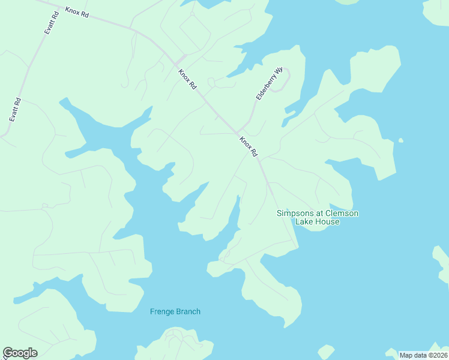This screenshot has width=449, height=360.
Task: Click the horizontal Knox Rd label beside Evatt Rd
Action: pyautogui.click(x=77, y=12)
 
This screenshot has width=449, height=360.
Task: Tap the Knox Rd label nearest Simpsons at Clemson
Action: pyautogui.click(x=249, y=146)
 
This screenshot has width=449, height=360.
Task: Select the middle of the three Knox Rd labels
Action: pyautogui.click(x=187, y=79)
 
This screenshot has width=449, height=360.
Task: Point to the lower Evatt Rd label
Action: pyautogui.click(x=15, y=110)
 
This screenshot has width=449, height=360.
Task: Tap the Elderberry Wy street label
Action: pyautogui.click(x=268, y=83)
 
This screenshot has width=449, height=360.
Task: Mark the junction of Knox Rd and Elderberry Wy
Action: pyautogui.click(x=238, y=132)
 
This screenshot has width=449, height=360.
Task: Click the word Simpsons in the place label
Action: pyautogui.click(x=296, y=214)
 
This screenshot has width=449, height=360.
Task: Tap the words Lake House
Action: pyautogui.click(x=317, y=222)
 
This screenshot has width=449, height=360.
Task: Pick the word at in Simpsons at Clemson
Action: pyautogui.click(x=320, y=214)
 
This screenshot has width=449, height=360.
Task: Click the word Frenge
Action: pyautogui.click(x=162, y=311)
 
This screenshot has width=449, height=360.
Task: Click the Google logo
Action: pyautogui.click(x=20, y=353)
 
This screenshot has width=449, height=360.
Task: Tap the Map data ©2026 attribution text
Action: pyautogui.click(x=423, y=355)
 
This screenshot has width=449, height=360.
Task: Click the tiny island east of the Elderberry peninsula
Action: pyautogui.click(x=400, y=142)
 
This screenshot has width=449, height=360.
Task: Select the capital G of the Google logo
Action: pyautogui.click(x=8, y=353)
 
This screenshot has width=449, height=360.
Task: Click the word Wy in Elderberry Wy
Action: pyautogui.click(x=278, y=71)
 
